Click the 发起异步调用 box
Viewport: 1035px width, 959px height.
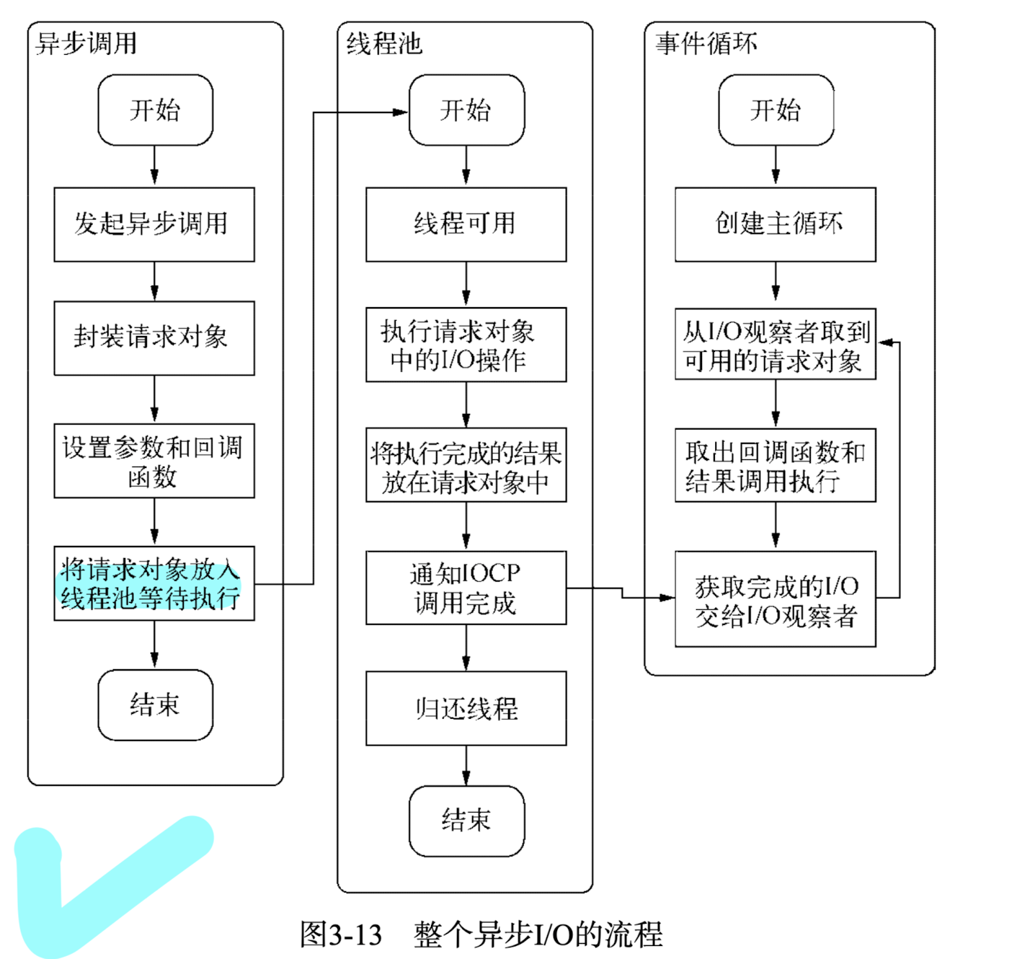(154, 224)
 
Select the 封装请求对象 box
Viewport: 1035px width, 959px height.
(154, 337)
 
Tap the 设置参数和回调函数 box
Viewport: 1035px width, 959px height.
(154, 461)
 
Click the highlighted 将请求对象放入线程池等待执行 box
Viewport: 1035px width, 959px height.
(154, 583)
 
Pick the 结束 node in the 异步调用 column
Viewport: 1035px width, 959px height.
(155, 704)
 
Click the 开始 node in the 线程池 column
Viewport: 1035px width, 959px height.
(466, 110)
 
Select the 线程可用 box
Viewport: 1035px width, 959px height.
(466, 224)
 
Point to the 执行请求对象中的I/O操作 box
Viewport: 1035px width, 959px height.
(466, 345)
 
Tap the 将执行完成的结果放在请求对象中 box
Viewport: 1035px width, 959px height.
(466, 466)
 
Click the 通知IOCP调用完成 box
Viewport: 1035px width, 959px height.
(466, 588)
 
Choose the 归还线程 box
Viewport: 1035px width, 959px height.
(466, 708)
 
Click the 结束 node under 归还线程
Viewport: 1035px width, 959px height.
(466, 821)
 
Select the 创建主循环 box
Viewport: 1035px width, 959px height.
(775, 224)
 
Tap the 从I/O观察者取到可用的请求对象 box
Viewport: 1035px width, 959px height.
(775, 344)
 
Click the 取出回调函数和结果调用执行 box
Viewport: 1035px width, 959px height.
(775, 466)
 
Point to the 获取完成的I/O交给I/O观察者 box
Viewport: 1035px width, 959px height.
(775, 599)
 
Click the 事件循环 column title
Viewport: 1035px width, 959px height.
(706, 44)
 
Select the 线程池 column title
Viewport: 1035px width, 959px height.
(383, 44)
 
